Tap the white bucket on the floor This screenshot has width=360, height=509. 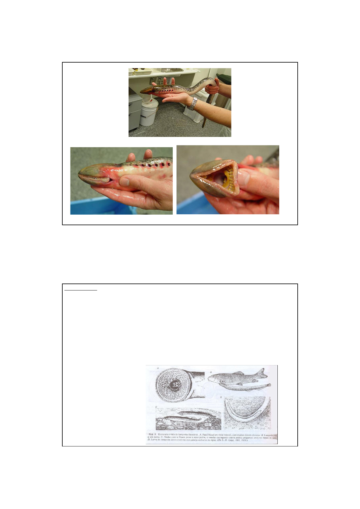[148, 113]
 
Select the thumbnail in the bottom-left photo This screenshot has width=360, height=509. [125, 181]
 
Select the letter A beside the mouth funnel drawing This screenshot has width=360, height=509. [158, 368]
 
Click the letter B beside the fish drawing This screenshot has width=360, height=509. [211, 372]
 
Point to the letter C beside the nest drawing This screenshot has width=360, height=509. [156, 407]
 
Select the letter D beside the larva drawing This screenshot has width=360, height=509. [221, 397]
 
